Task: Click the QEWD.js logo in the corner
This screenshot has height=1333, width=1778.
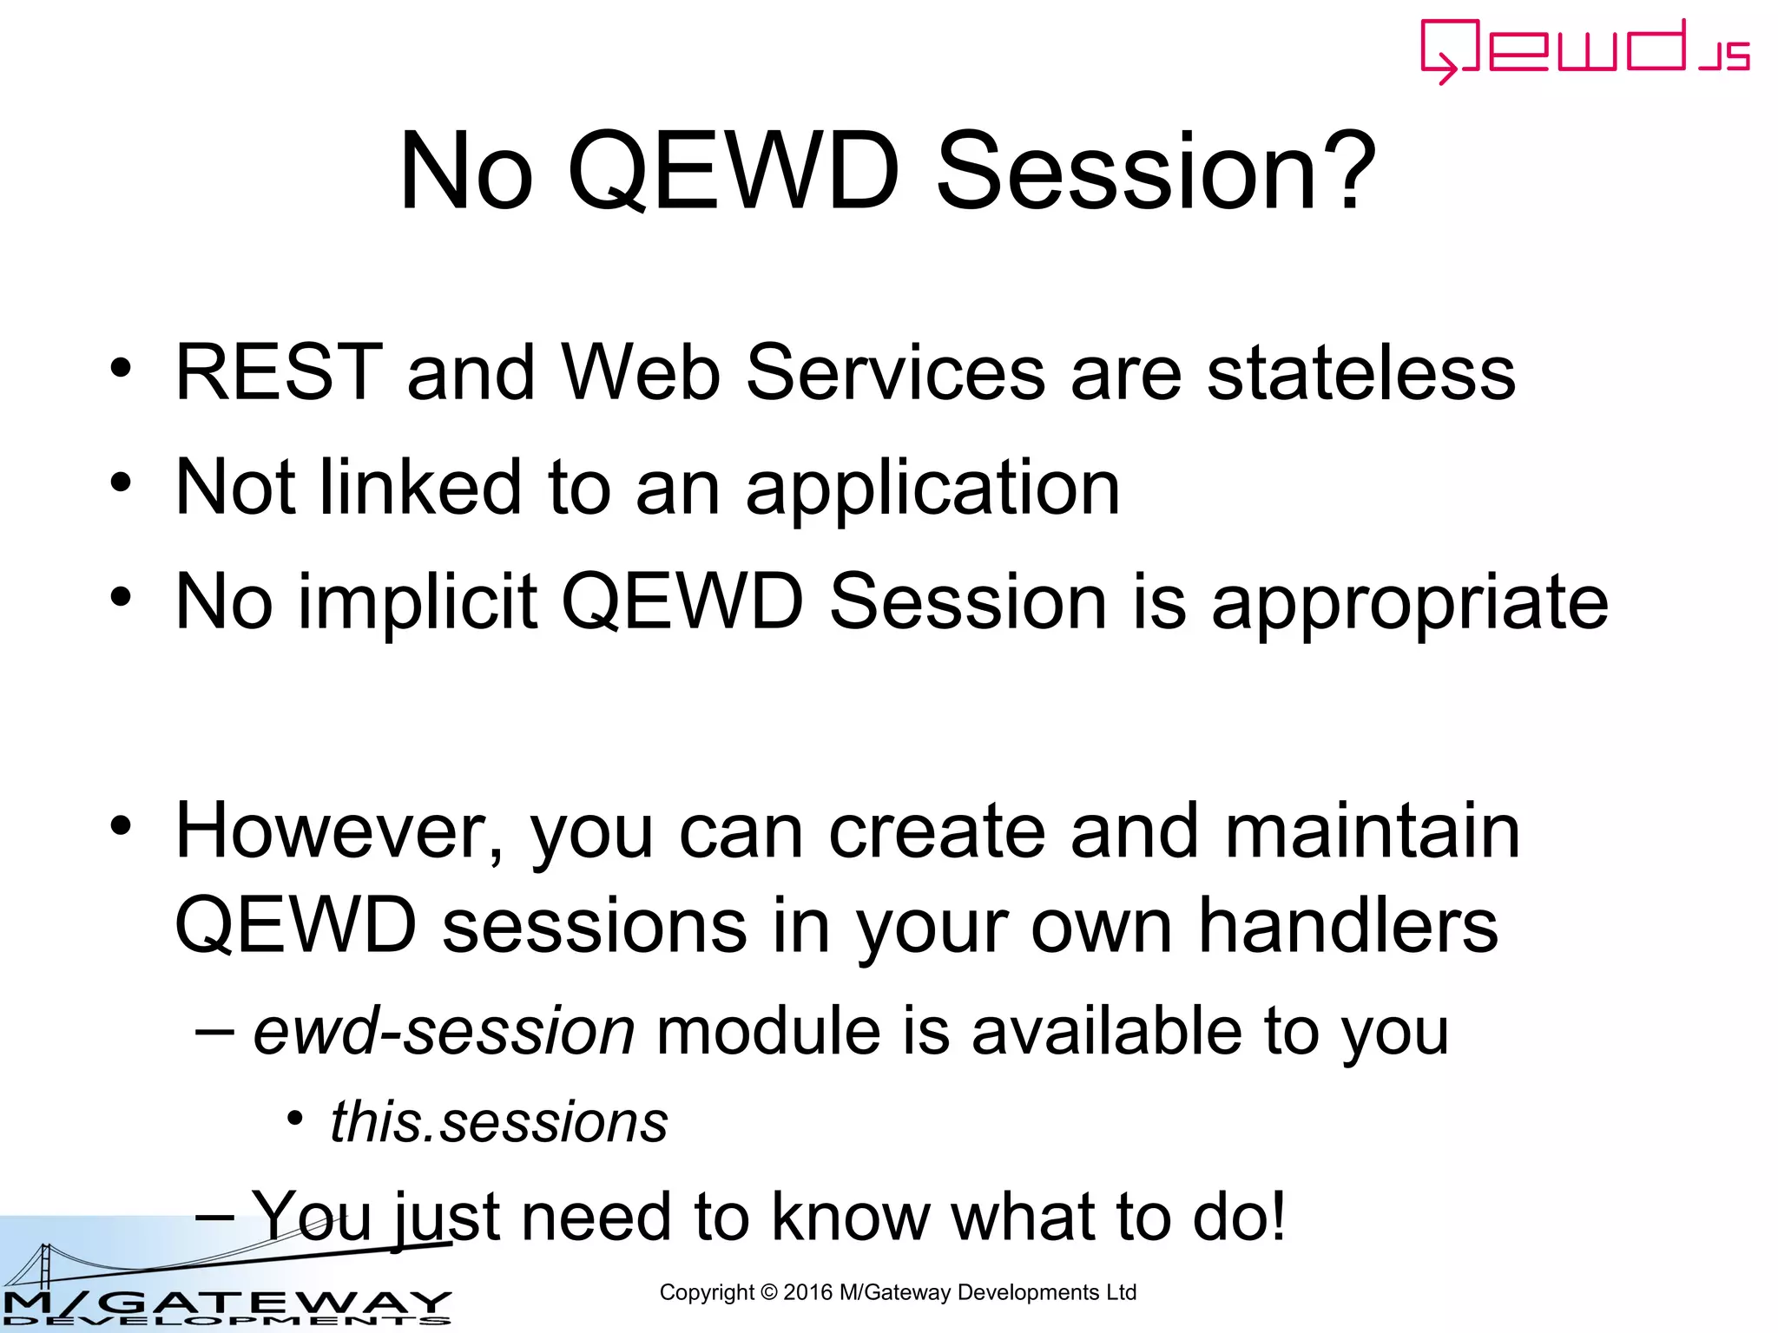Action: (1584, 50)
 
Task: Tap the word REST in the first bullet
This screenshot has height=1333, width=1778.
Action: (278, 373)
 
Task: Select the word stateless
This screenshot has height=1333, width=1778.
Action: (1361, 373)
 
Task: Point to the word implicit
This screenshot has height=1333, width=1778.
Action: (418, 603)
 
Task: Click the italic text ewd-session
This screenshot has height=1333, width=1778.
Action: (444, 1032)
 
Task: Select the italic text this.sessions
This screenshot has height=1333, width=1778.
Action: (499, 1122)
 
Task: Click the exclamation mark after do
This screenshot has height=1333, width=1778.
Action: (1277, 1217)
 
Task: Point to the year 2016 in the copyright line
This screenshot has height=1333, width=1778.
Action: (807, 1292)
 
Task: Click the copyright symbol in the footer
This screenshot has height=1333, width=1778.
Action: (768, 1292)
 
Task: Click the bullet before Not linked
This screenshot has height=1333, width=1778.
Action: (121, 483)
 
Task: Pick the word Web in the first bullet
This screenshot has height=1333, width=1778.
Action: (642, 373)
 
